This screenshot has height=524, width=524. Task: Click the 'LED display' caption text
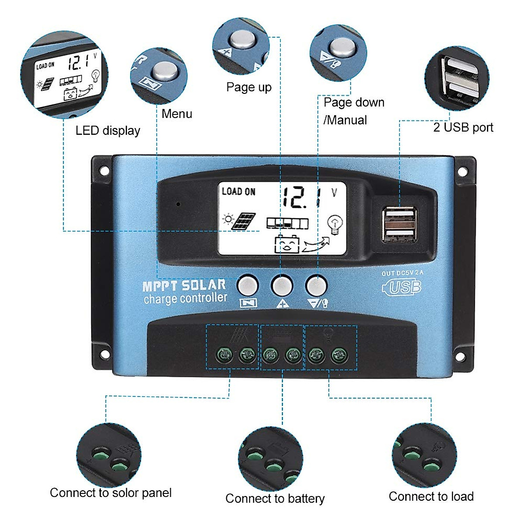(x=107, y=131)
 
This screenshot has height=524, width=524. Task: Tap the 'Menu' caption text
(x=176, y=114)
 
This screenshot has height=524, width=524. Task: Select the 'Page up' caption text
(x=248, y=87)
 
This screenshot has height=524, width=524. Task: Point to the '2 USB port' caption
(x=463, y=128)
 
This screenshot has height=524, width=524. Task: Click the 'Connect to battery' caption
(x=275, y=498)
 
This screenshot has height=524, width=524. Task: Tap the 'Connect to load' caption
(x=431, y=496)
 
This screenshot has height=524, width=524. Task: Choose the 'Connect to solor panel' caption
(x=110, y=493)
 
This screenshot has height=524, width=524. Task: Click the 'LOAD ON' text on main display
(x=238, y=192)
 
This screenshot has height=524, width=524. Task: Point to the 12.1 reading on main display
(x=301, y=197)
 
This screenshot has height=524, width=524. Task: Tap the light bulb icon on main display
(x=335, y=224)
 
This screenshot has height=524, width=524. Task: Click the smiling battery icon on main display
(x=287, y=245)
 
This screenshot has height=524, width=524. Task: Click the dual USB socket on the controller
(x=399, y=225)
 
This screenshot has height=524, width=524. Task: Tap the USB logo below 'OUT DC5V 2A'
(x=402, y=287)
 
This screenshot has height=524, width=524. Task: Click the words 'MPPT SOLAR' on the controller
(x=184, y=286)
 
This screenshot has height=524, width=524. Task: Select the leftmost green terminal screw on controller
(x=224, y=355)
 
